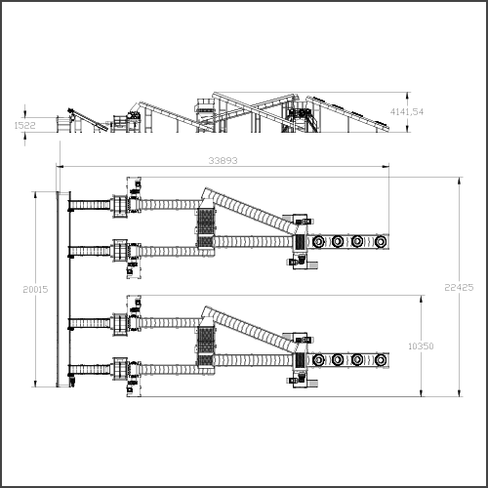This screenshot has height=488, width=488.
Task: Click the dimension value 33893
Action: coord(223,160)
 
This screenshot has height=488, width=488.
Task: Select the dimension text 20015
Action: coord(35,289)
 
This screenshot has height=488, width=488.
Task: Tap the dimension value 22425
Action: coord(459,287)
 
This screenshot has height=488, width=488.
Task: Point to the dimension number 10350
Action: coord(421,346)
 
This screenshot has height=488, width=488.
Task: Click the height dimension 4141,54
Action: coord(407,112)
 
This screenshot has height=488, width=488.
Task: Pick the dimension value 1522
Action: coord(24,125)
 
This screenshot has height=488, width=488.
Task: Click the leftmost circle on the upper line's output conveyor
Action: coord(318,242)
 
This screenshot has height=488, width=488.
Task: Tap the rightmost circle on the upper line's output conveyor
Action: coord(381,242)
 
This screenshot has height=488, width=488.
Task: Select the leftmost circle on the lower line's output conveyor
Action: coord(318,360)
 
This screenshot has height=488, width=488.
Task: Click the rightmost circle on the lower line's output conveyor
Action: coord(381,360)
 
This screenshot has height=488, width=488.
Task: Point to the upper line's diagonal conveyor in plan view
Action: coord(249,210)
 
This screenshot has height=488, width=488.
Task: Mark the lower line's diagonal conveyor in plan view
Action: coord(249,328)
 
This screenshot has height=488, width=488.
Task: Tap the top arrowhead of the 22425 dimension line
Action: coord(459,181)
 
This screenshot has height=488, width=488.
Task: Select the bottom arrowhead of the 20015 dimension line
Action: coord(35,384)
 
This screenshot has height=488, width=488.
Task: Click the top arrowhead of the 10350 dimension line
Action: coord(422,299)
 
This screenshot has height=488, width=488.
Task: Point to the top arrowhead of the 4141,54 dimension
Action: coord(407,96)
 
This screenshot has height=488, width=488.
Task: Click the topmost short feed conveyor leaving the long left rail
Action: coord(90,205)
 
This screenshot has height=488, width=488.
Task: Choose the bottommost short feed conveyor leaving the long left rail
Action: coord(90,370)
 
